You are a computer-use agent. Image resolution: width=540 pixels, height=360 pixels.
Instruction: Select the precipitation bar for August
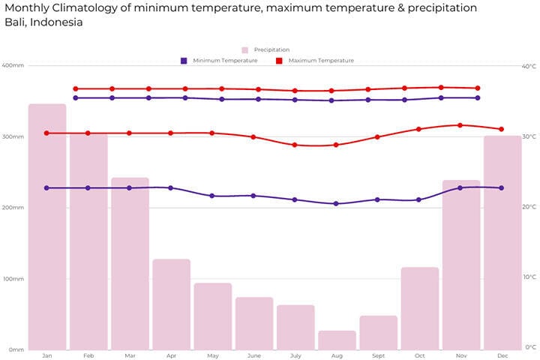pyautogui.click(x=337, y=340)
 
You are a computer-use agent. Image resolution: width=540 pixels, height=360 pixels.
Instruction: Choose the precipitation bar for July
pyautogui.click(x=295, y=326)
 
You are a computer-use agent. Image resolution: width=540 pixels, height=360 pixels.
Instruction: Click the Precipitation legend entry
pyautogui.click(x=271, y=49)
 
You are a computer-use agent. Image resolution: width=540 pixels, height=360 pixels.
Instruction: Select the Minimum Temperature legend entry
pyautogui.click(x=224, y=61)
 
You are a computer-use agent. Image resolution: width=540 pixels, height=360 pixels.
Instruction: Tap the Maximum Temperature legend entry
pyautogui.click(x=320, y=61)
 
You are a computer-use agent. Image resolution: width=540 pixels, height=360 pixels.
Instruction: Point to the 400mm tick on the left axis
pyautogui.click(x=13, y=66)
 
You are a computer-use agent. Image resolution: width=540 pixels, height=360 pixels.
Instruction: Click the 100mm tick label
pyautogui.click(x=13, y=279)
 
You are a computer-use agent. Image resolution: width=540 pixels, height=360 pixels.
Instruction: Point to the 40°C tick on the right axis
pyautogui.click(x=529, y=66)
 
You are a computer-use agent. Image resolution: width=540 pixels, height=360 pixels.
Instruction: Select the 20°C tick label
pyautogui.click(x=529, y=208)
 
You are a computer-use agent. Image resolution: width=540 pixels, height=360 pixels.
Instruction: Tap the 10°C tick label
pyautogui.click(x=529, y=277)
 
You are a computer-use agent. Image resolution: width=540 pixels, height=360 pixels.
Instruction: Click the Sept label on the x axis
pyautogui.click(x=378, y=355)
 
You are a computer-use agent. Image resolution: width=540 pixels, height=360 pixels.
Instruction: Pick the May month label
pyautogui.click(x=213, y=355)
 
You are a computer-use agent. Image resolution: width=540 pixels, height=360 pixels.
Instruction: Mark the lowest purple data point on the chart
pyautogui.click(x=336, y=203)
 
